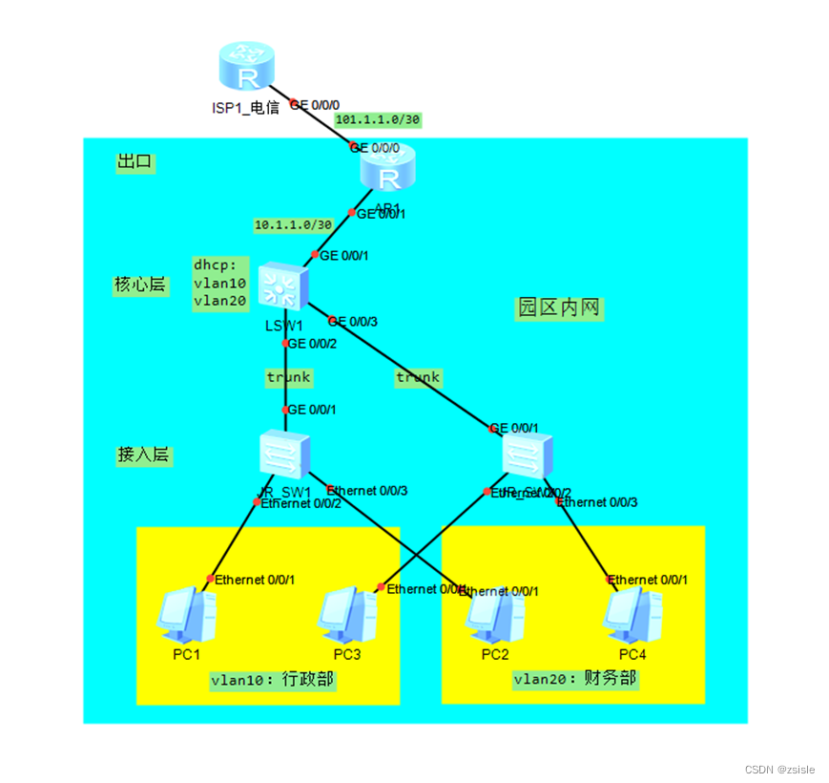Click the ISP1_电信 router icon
245,70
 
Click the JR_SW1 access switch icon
284,455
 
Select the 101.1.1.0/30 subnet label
378,120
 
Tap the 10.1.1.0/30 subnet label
293,225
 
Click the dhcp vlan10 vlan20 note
220,283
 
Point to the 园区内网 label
560,307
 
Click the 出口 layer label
135,162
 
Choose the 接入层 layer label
143,455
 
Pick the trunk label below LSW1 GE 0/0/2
288,377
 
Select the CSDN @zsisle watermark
780,769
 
